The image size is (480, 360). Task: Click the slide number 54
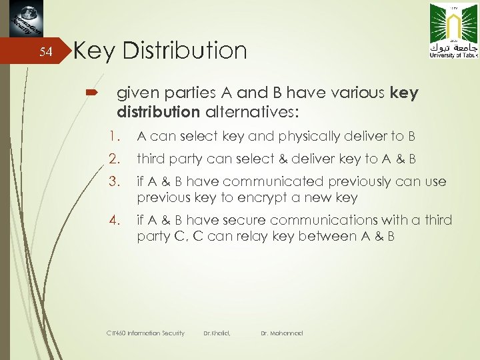[45, 53]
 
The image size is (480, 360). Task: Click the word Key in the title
[95, 51]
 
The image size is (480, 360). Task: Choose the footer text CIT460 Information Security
[145, 333]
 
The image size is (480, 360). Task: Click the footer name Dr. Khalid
[217, 333]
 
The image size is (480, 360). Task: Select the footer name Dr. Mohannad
[282, 333]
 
